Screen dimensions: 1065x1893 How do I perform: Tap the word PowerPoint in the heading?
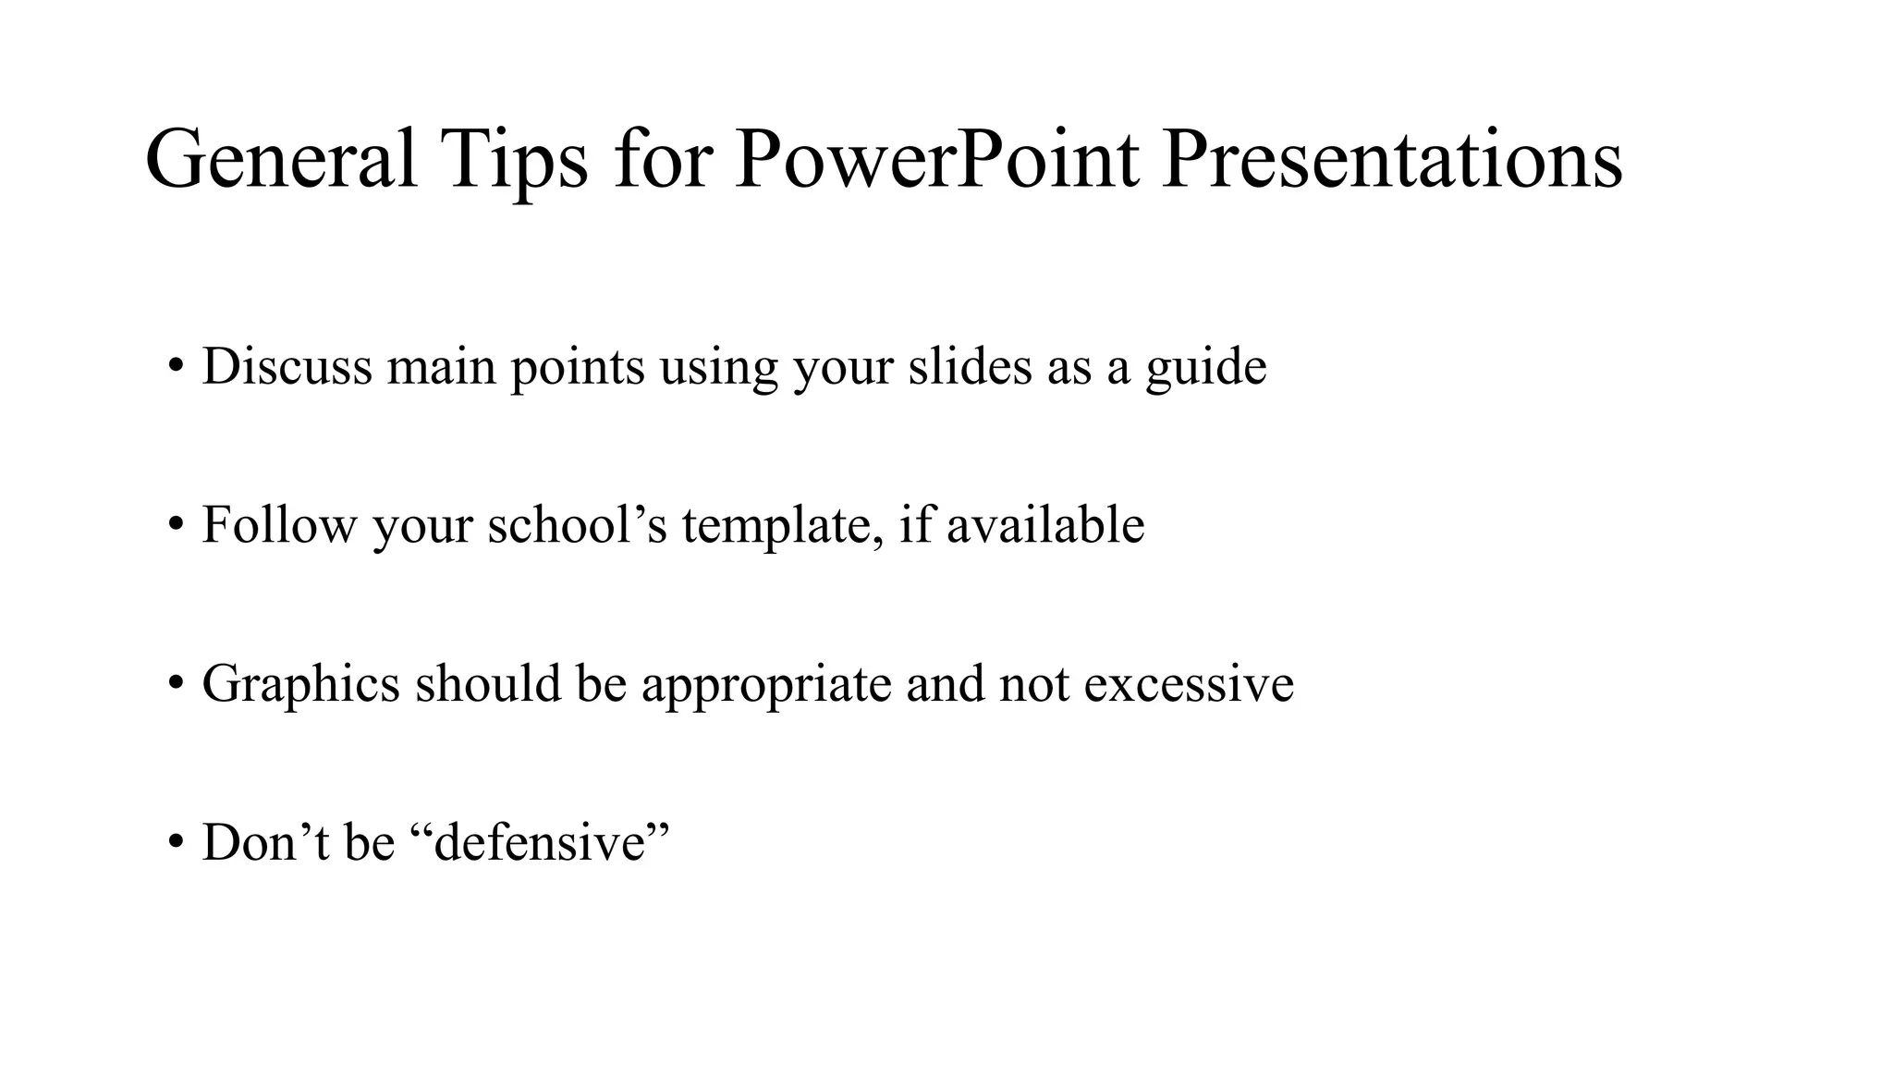point(936,159)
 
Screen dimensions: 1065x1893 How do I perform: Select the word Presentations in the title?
point(1391,159)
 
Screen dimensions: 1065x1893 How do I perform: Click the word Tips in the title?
point(514,159)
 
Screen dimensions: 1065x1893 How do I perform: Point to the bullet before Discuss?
point(176,366)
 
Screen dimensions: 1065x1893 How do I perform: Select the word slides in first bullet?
point(970,366)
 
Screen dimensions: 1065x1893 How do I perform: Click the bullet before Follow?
point(176,525)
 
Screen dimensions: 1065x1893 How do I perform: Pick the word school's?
point(577,525)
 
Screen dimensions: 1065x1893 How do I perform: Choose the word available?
point(1045,525)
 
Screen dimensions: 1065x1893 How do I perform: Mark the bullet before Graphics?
point(176,684)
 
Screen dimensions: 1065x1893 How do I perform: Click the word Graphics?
point(300,685)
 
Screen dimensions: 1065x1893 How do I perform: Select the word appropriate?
point(766,685)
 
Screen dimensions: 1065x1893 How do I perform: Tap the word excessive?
point(1189,685)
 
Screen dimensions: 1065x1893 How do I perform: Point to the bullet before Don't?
point(176,843)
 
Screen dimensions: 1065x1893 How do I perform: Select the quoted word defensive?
point(539,843)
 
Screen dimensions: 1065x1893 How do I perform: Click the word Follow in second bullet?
point(278,525)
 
